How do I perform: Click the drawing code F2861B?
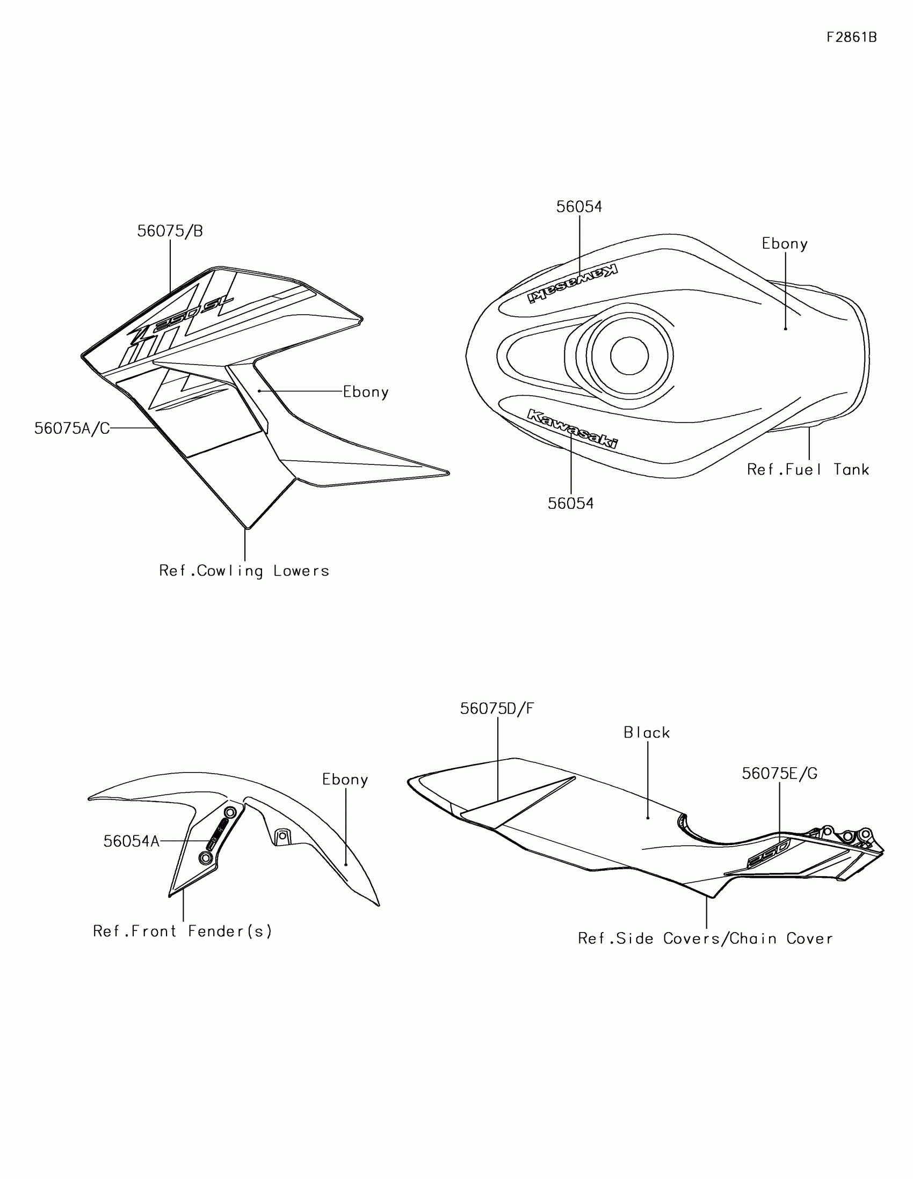pos(851,37)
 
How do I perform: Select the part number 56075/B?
pos(170,231)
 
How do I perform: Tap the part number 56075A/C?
pos(72,428)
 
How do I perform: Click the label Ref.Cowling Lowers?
pos(244,571)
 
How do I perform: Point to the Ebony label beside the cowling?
pos(366,392)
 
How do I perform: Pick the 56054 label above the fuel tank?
pos(579,207)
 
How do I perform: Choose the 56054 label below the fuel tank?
pos(570,503)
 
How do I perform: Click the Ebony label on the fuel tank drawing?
pos(784,243)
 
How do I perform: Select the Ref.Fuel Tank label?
pos(808,470)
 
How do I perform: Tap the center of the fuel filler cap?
pos(629,356)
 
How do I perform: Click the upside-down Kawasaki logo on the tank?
pos(573,283)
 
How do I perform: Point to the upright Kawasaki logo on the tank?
pos(572,428)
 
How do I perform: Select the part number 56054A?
pos(131,841)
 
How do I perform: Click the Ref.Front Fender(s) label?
pos(183,931)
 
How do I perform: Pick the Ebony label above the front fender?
pos(345,780)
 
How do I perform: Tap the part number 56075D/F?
pos(497,709)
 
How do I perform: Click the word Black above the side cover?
pos(646,732)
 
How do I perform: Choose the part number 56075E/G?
pos(779,774)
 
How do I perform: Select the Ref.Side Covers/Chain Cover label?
pos(705,939)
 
